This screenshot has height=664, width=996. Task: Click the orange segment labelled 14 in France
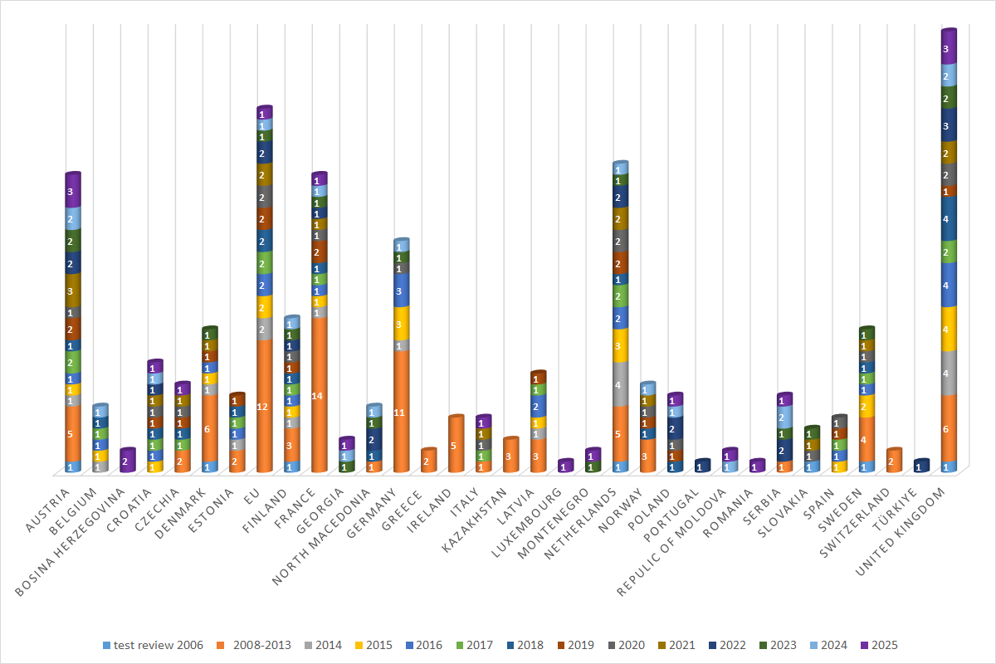coord(319,395)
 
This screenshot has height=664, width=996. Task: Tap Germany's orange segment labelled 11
coord(401,412)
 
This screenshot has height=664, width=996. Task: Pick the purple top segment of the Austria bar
coord(73,191)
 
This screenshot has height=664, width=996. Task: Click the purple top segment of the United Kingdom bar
coord(950,48)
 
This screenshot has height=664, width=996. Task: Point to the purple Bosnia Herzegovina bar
coord(128,461)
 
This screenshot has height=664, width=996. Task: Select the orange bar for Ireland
coord(456,444)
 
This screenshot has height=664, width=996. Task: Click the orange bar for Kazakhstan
coord(510,455)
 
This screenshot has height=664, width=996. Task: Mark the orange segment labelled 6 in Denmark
coord(209,428)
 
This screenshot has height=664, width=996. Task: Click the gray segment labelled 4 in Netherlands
coord(620,384)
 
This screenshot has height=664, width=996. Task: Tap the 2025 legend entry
coord(880,645)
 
